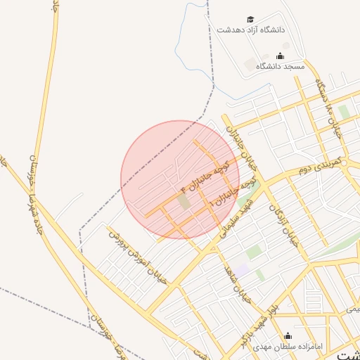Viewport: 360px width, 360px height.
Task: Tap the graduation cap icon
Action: click(250, 19)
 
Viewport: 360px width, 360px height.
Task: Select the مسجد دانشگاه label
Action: click(280, 66)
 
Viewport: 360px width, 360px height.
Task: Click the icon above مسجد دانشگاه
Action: click(280, 56)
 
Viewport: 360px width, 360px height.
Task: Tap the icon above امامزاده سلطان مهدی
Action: click(287, 335)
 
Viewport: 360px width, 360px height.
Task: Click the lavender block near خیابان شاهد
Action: click(242, 270)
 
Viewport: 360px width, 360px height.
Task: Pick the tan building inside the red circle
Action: click(184, 201)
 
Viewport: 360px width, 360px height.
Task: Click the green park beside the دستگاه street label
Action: click(344, 112)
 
